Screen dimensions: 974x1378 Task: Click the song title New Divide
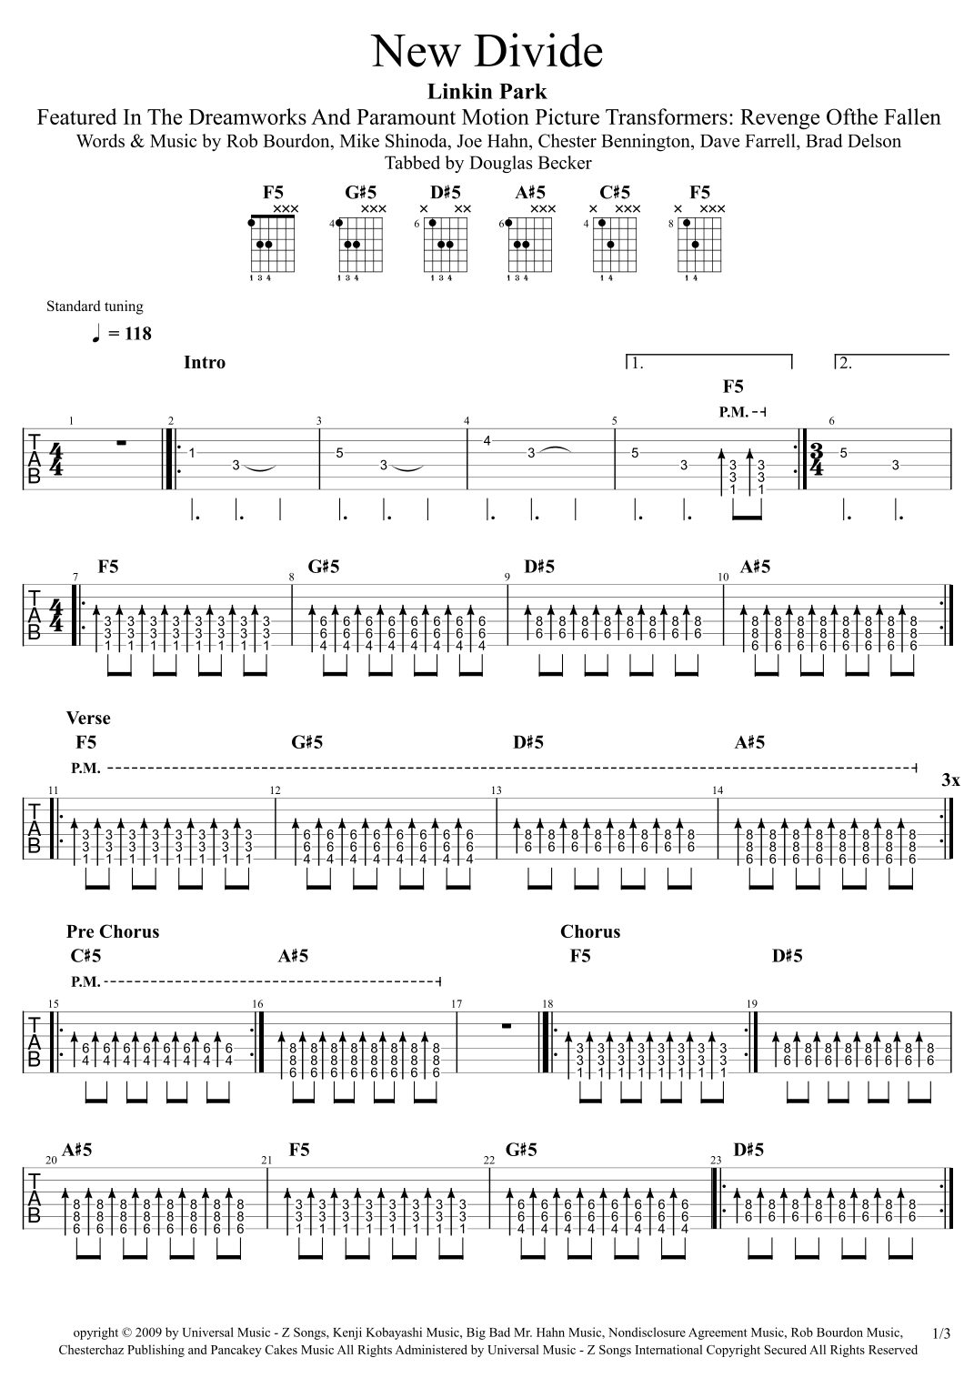tap(487, 52)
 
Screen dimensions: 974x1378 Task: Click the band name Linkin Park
tap(487, 91)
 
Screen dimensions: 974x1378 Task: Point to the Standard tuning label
tap(95, 307)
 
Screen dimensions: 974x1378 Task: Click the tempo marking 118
tap(128, 334)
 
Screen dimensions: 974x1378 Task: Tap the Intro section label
tap(205, 362)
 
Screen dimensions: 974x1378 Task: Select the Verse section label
tap(88, 719)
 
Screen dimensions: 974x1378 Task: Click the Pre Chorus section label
tap(113, 931)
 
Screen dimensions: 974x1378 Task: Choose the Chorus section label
tap(590, 931)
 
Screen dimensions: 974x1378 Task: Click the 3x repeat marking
tap(950, 780)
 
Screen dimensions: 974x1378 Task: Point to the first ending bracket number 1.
tap(637, 364)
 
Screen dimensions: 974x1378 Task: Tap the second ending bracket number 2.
tap(846, 364)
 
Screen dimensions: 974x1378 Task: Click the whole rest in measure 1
tap(120, 444)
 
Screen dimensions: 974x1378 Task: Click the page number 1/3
tap(941, 1333)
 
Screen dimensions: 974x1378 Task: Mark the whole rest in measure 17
tap(507, 1025)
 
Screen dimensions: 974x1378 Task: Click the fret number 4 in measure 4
tap(487, 441)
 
